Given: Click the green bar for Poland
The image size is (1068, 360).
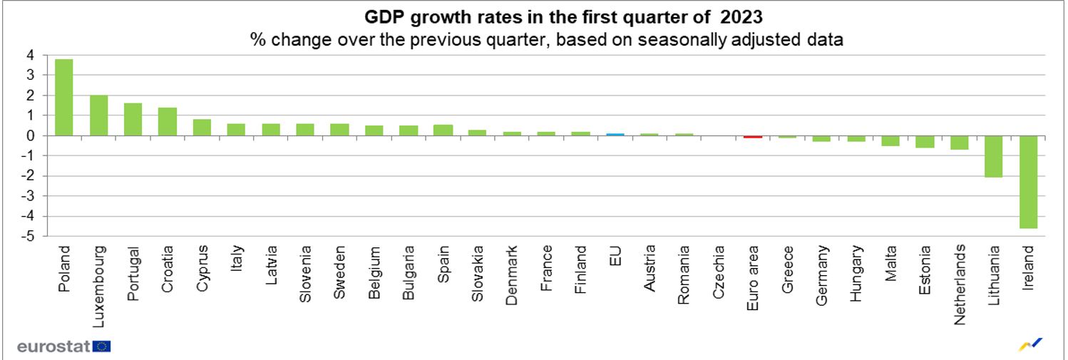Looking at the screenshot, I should click(x=64, y=97).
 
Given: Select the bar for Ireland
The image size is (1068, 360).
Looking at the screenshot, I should click(x=1029, y=182).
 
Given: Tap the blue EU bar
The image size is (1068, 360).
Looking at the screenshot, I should click(x=615, y=134).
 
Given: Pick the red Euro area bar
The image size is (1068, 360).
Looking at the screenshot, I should click(x=753, y=136).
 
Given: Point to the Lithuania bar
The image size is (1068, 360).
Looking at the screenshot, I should click(x=994, y=156).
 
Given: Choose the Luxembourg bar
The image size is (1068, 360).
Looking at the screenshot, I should click(x=98, y=115).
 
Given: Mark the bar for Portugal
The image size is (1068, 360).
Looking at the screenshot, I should click(x=133, y=119).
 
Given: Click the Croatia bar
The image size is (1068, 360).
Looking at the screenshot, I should click(x=168, y=121).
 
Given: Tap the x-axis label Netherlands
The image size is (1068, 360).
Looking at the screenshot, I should click(x=960, y=284).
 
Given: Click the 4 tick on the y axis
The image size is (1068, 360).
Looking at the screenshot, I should click(x=30, y=55).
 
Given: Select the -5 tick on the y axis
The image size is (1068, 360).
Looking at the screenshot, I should click(x=28, y=236).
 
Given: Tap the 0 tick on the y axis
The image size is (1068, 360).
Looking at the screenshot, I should click(x=30, y=135).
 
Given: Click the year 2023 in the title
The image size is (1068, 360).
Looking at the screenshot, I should click(x=742, y=16).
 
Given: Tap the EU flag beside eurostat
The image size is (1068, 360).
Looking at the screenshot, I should click(x=102, y=346).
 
